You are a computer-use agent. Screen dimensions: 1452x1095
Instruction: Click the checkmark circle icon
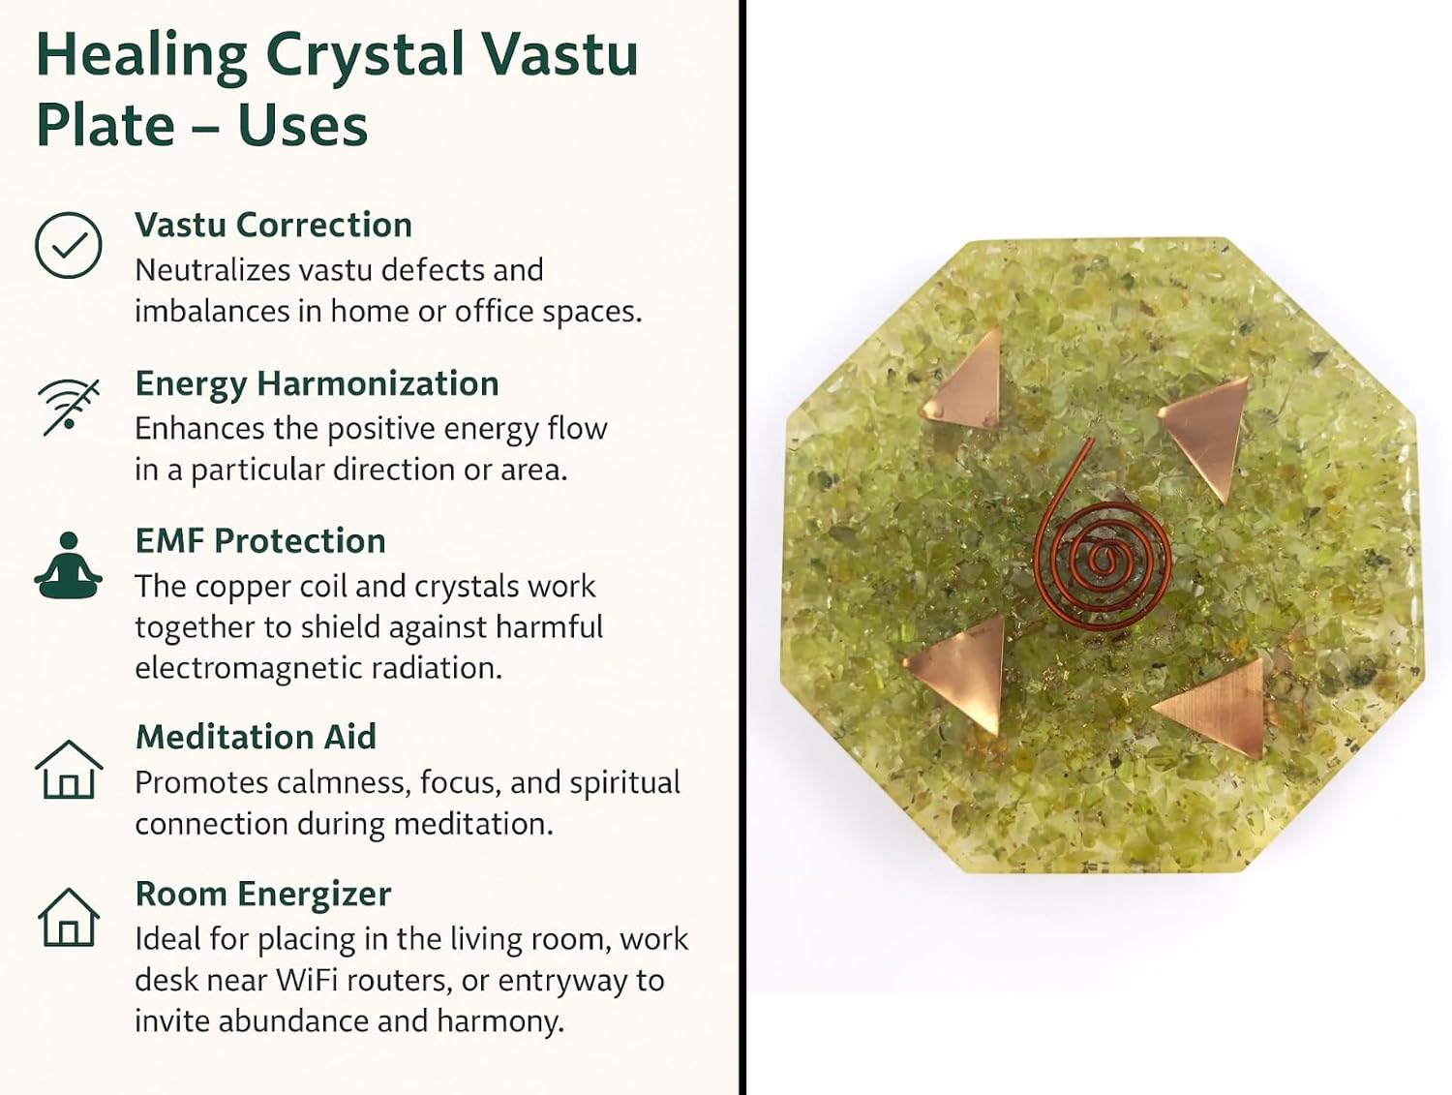68,245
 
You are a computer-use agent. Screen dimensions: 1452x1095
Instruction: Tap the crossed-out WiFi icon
69,407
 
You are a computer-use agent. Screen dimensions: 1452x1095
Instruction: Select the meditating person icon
68,565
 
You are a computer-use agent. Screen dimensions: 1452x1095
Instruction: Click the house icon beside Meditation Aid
69,769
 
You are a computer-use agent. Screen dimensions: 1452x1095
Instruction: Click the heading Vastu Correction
274,225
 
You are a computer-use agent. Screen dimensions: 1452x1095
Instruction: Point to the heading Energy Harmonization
317,384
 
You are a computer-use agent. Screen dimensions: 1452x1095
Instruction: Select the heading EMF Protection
260,540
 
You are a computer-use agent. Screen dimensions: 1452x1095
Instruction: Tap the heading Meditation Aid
256,737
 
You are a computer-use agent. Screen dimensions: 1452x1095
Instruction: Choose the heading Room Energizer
263,894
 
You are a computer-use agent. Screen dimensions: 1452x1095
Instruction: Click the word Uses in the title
303,126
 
